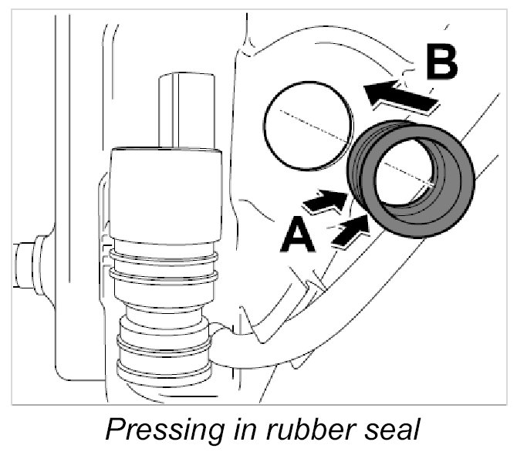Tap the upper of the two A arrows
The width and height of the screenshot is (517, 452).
pos(324,203)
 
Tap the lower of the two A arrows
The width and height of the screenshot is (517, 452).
pos(349,231)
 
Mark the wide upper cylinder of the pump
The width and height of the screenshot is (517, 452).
pos(166,193)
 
